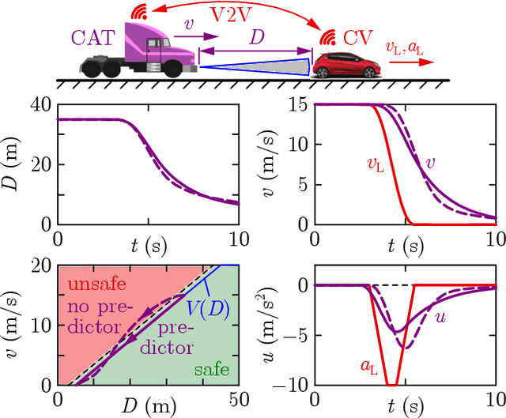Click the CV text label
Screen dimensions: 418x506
(x=355, y=37)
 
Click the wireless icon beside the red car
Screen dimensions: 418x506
(x=326, y=36)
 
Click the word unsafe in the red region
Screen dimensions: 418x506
(x=93, y=284)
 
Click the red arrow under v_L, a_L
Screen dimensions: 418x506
(x=411, y=66)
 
